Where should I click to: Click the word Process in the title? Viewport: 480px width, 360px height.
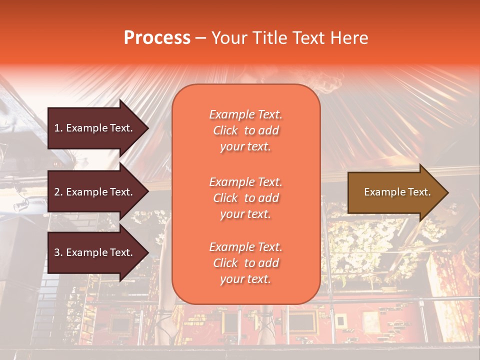click(157, 38)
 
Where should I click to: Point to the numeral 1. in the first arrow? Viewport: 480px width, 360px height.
click(58, 128)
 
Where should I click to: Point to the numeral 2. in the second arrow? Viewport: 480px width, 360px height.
click(58, 192)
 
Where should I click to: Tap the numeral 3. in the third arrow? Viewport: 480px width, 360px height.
click(58, 253)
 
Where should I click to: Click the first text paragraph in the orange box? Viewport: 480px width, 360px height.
click(245, 130)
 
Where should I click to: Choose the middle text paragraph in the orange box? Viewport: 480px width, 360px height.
click(245, 198)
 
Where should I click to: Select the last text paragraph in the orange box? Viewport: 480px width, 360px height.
click(245, 263)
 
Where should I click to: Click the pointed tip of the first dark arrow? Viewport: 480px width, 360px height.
click(147, 128)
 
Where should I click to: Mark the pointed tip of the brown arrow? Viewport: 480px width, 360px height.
click(447, 192)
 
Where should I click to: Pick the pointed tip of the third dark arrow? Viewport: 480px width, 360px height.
click(147, 253)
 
